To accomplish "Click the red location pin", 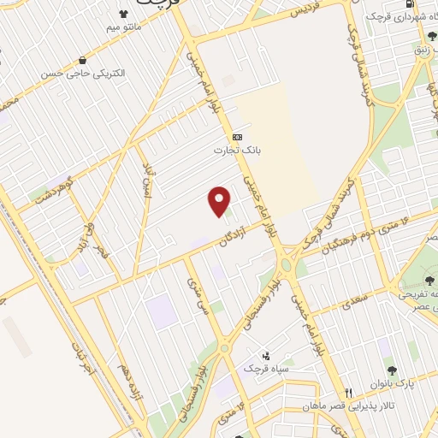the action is (220, 201).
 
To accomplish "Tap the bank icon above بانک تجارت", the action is (237, 137).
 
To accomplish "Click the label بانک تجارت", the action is (236, 151).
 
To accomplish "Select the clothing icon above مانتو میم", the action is (122, 14).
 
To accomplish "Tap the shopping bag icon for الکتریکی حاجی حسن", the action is (82, 60).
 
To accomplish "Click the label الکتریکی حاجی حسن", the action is (83, 74).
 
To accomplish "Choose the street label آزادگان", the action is (228, 231).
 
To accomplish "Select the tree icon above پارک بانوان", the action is (393, 370).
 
